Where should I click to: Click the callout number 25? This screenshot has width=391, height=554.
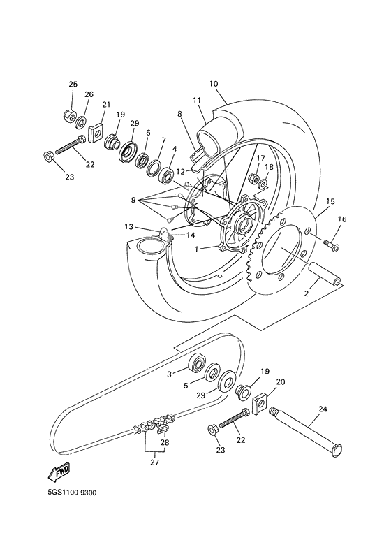click(73, 85)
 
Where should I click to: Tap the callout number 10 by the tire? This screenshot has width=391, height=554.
click(213, 83)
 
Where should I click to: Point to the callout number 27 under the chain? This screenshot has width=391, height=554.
click(154, 462)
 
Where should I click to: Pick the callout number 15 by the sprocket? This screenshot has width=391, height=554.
click(330, 201)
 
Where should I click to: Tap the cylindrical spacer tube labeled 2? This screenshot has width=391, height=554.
click(326, 273)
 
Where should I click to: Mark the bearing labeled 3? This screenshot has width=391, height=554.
click(198, 363)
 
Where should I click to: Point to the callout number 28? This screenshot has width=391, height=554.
click(165, 442)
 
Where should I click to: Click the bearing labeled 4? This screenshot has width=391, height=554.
click(167, 175)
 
